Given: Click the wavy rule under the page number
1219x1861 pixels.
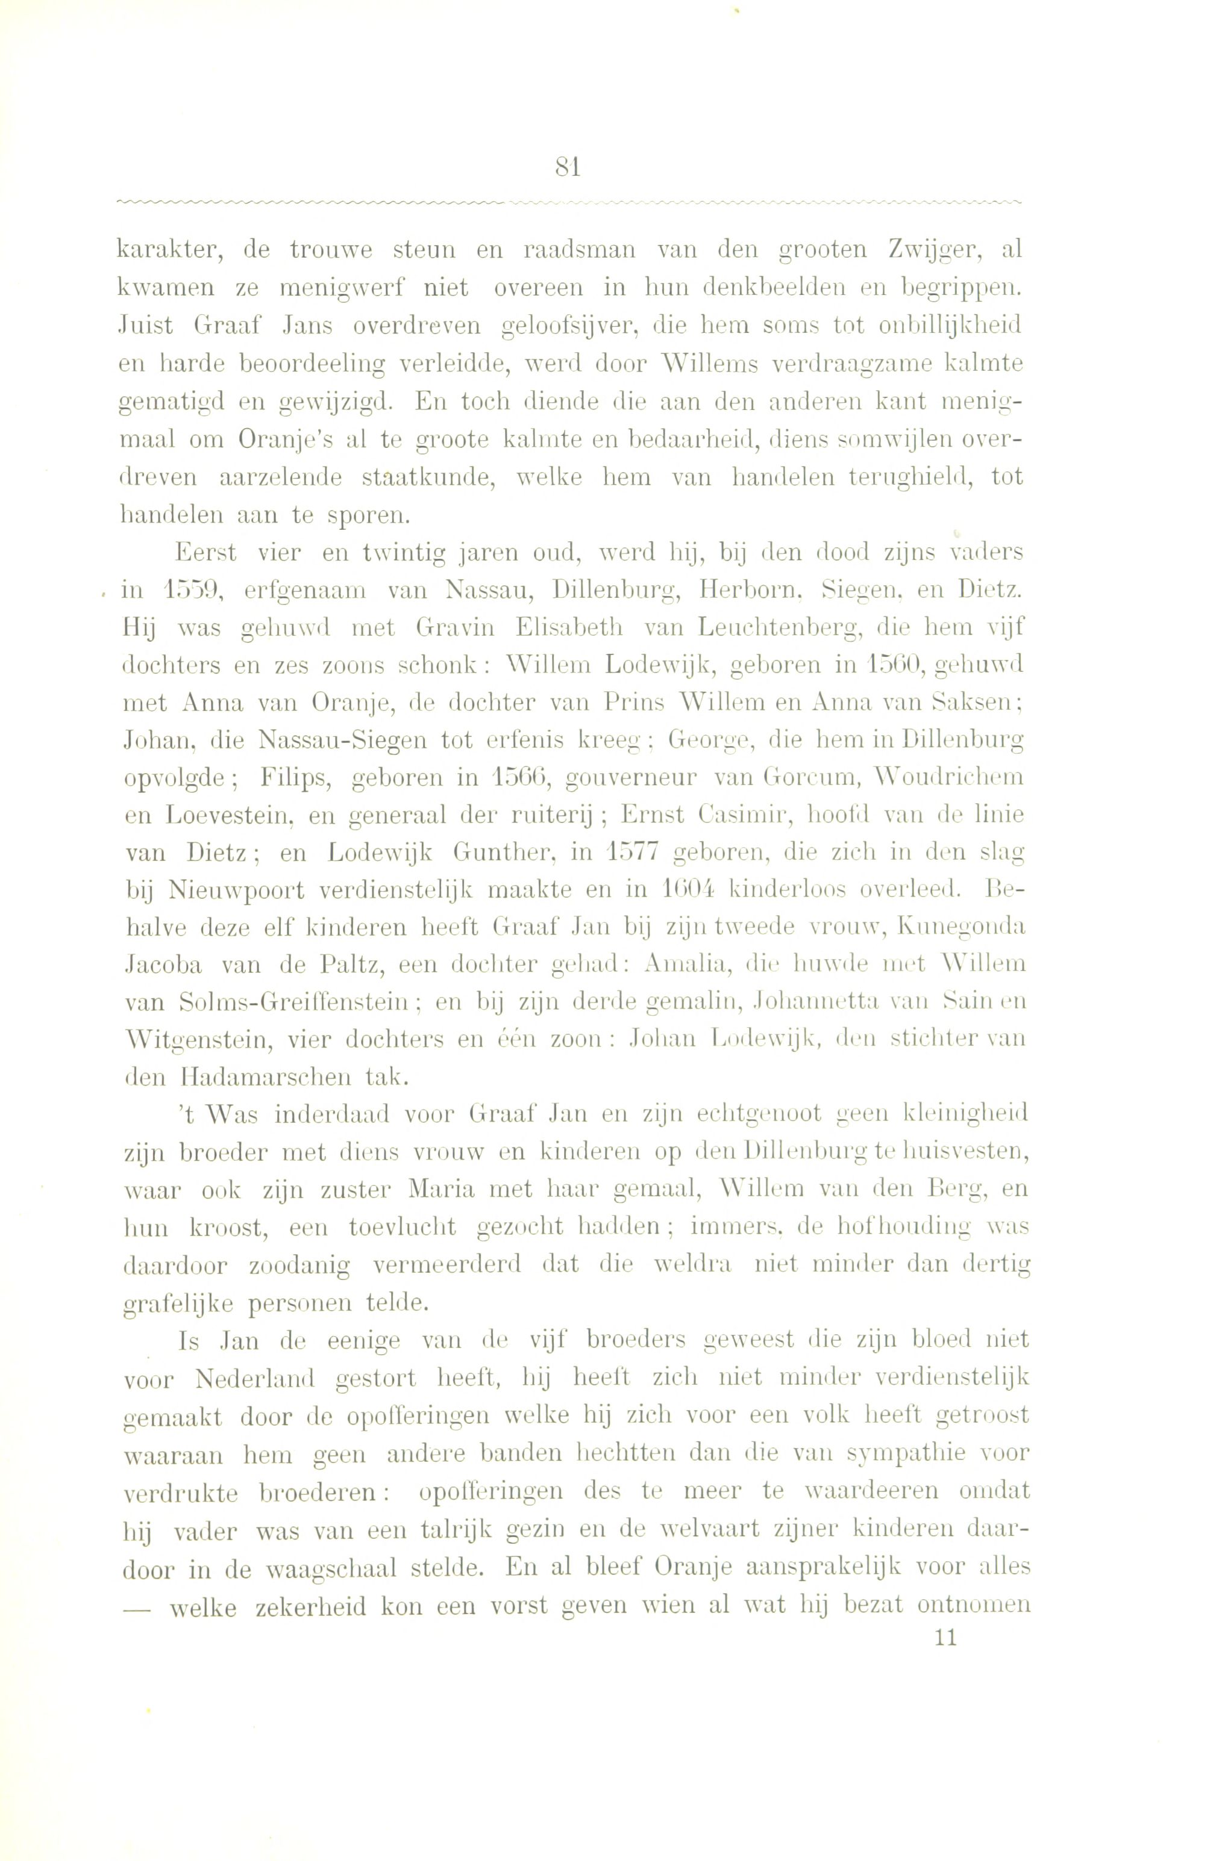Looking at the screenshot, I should [569, 202].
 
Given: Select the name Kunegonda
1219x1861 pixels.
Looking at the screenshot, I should [962, 927].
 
